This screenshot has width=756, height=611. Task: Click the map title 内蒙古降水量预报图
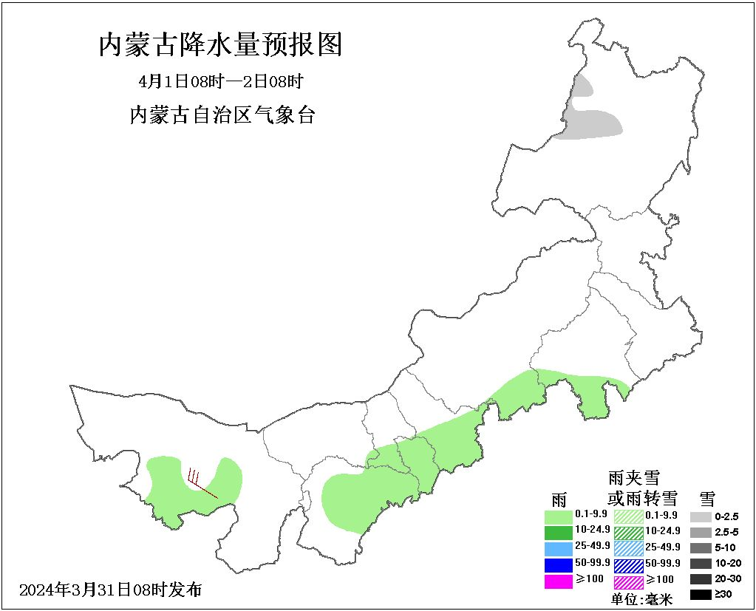(221, 46)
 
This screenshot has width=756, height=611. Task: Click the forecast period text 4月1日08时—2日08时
(221, 81)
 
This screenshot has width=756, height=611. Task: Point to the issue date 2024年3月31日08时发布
(110, 590)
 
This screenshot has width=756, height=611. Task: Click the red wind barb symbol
(200, 482)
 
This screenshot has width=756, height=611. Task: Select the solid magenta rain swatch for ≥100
(558, 581)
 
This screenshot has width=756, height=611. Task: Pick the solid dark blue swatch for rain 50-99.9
(558, 564)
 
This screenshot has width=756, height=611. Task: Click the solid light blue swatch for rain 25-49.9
(558, 548)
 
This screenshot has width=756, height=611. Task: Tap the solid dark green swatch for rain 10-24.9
(558, 531)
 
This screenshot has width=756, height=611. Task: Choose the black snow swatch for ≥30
(701, 594)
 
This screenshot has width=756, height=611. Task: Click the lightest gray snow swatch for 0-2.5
(701, 516)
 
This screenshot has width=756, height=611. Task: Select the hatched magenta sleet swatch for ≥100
(629, 581)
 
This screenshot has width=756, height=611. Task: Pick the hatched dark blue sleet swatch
(629, 564)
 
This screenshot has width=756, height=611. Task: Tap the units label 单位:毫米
(641, 599)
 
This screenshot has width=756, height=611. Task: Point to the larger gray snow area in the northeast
(592, 123)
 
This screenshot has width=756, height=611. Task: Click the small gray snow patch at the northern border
(582, 87)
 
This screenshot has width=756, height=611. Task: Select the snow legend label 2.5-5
(726, 532)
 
